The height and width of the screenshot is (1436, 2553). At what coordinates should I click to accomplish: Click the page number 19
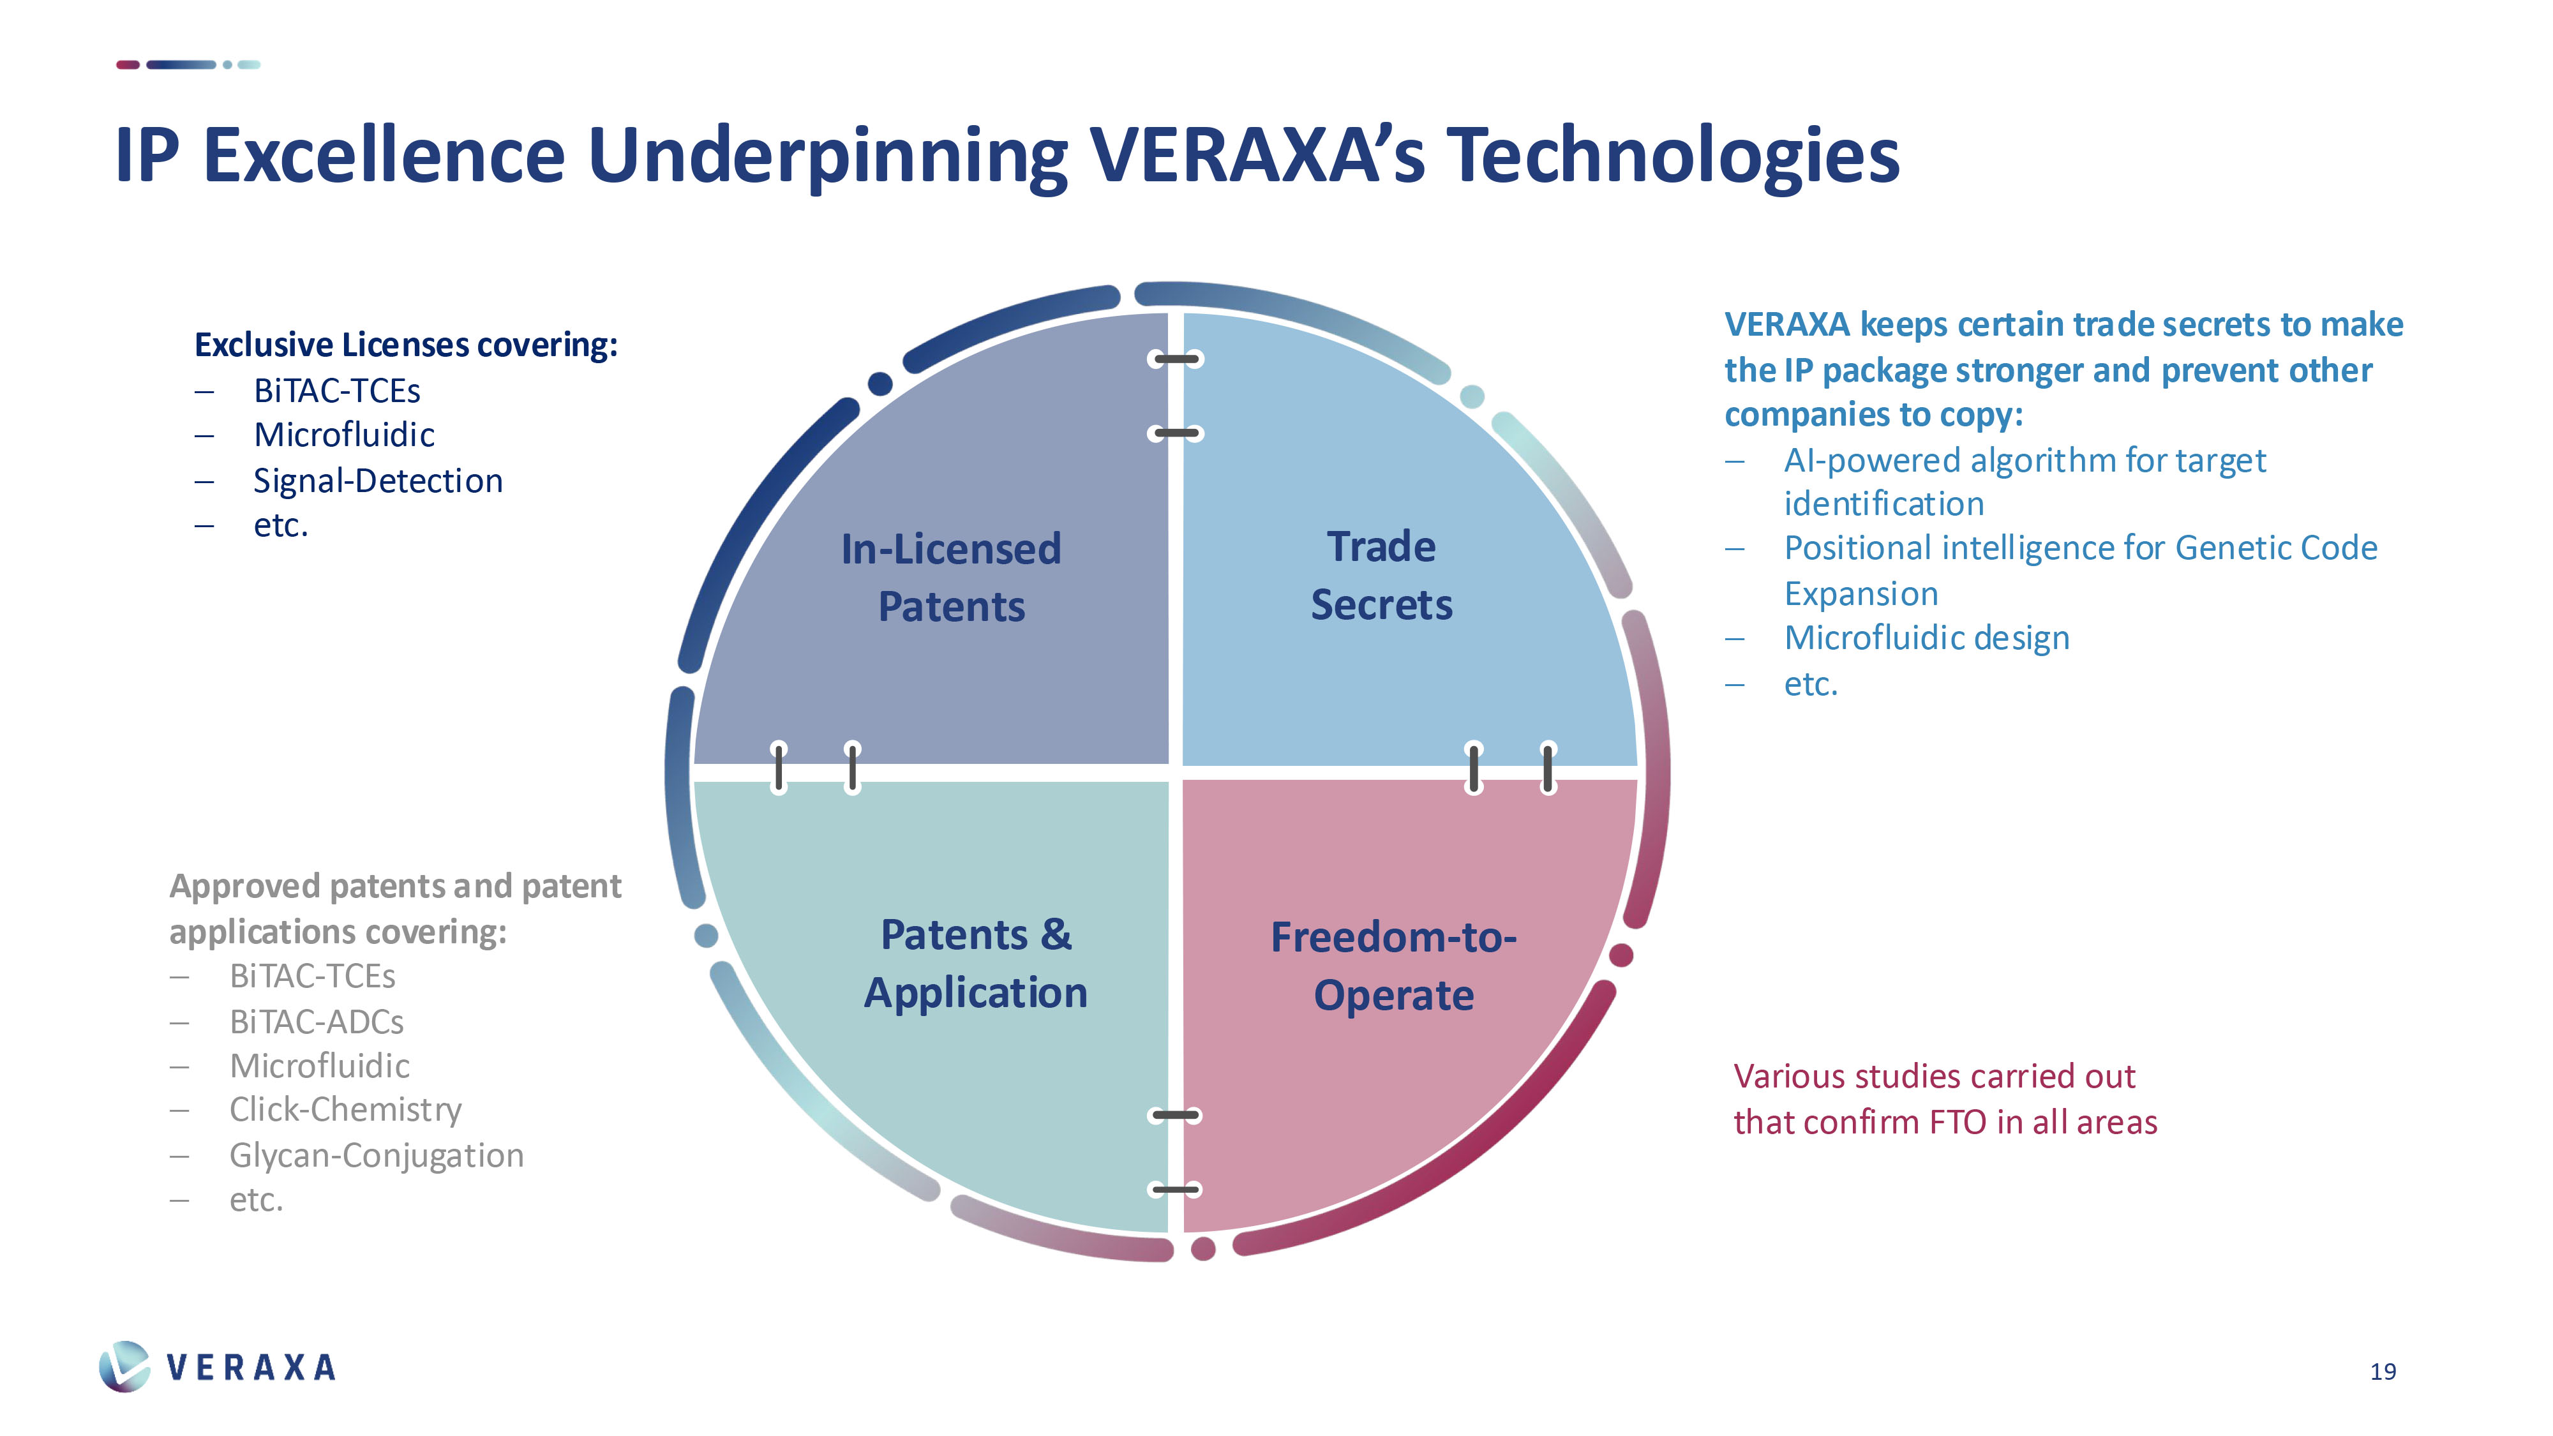(2383, 1372)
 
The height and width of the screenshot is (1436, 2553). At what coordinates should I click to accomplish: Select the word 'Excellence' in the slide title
(384, 156)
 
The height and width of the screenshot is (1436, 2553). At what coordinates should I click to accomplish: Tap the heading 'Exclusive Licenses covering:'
(405, 345)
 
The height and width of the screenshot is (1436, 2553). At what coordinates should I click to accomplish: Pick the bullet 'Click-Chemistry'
(345, 1110)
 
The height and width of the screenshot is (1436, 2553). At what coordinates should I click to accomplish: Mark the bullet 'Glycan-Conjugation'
(376, 1156)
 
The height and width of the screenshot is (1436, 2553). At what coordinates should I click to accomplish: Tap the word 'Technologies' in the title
(1673, 156)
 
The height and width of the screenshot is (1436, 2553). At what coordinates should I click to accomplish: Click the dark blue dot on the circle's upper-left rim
(879, 384)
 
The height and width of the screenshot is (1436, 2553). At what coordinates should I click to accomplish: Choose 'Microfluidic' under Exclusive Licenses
(344, 435)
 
